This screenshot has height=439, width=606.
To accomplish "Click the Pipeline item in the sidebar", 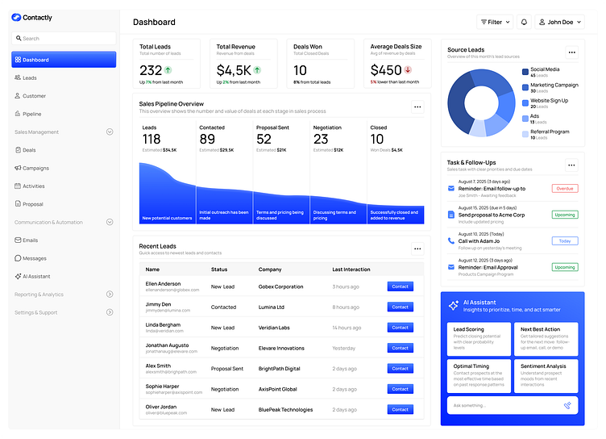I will pyautogui.click(x=32, y=114).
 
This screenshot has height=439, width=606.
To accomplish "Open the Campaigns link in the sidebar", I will pyautogui.click(x=35, y=168).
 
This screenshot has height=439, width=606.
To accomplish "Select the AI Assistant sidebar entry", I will pyautogui.click(x=36, y=276).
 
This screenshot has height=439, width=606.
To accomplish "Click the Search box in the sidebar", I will pyautogui.click(x=64, y=38).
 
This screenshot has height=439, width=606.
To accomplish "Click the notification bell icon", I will pyautogui.click(x=524, y=23).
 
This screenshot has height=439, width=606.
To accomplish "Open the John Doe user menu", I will pyautogui.click(x=560, y=23).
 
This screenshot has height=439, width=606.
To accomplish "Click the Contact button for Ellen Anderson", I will pyautogui.click(x=400, y=286).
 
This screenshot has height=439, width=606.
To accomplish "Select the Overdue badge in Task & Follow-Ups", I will pyautogui.click(x=564, y=188).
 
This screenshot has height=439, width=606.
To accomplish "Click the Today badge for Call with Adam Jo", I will pyautogui.click(x=564, y=240).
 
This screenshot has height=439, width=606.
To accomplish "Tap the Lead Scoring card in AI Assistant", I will pyautogui.click(x=479, y=339).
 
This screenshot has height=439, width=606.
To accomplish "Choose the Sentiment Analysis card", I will pyautogui.click(x=546, y=375).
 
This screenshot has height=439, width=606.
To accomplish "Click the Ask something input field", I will pyautogui.click(x=504, y=406).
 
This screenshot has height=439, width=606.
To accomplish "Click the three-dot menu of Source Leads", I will pyautogui.click(x=571, y=52).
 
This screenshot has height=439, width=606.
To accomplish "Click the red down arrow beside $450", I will pyautogui.click(x=409, y=70).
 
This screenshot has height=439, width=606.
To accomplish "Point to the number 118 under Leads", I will pyautogui.click(x=151, y=140).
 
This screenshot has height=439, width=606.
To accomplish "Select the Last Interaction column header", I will pyautogui.click(x=351, y=270).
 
